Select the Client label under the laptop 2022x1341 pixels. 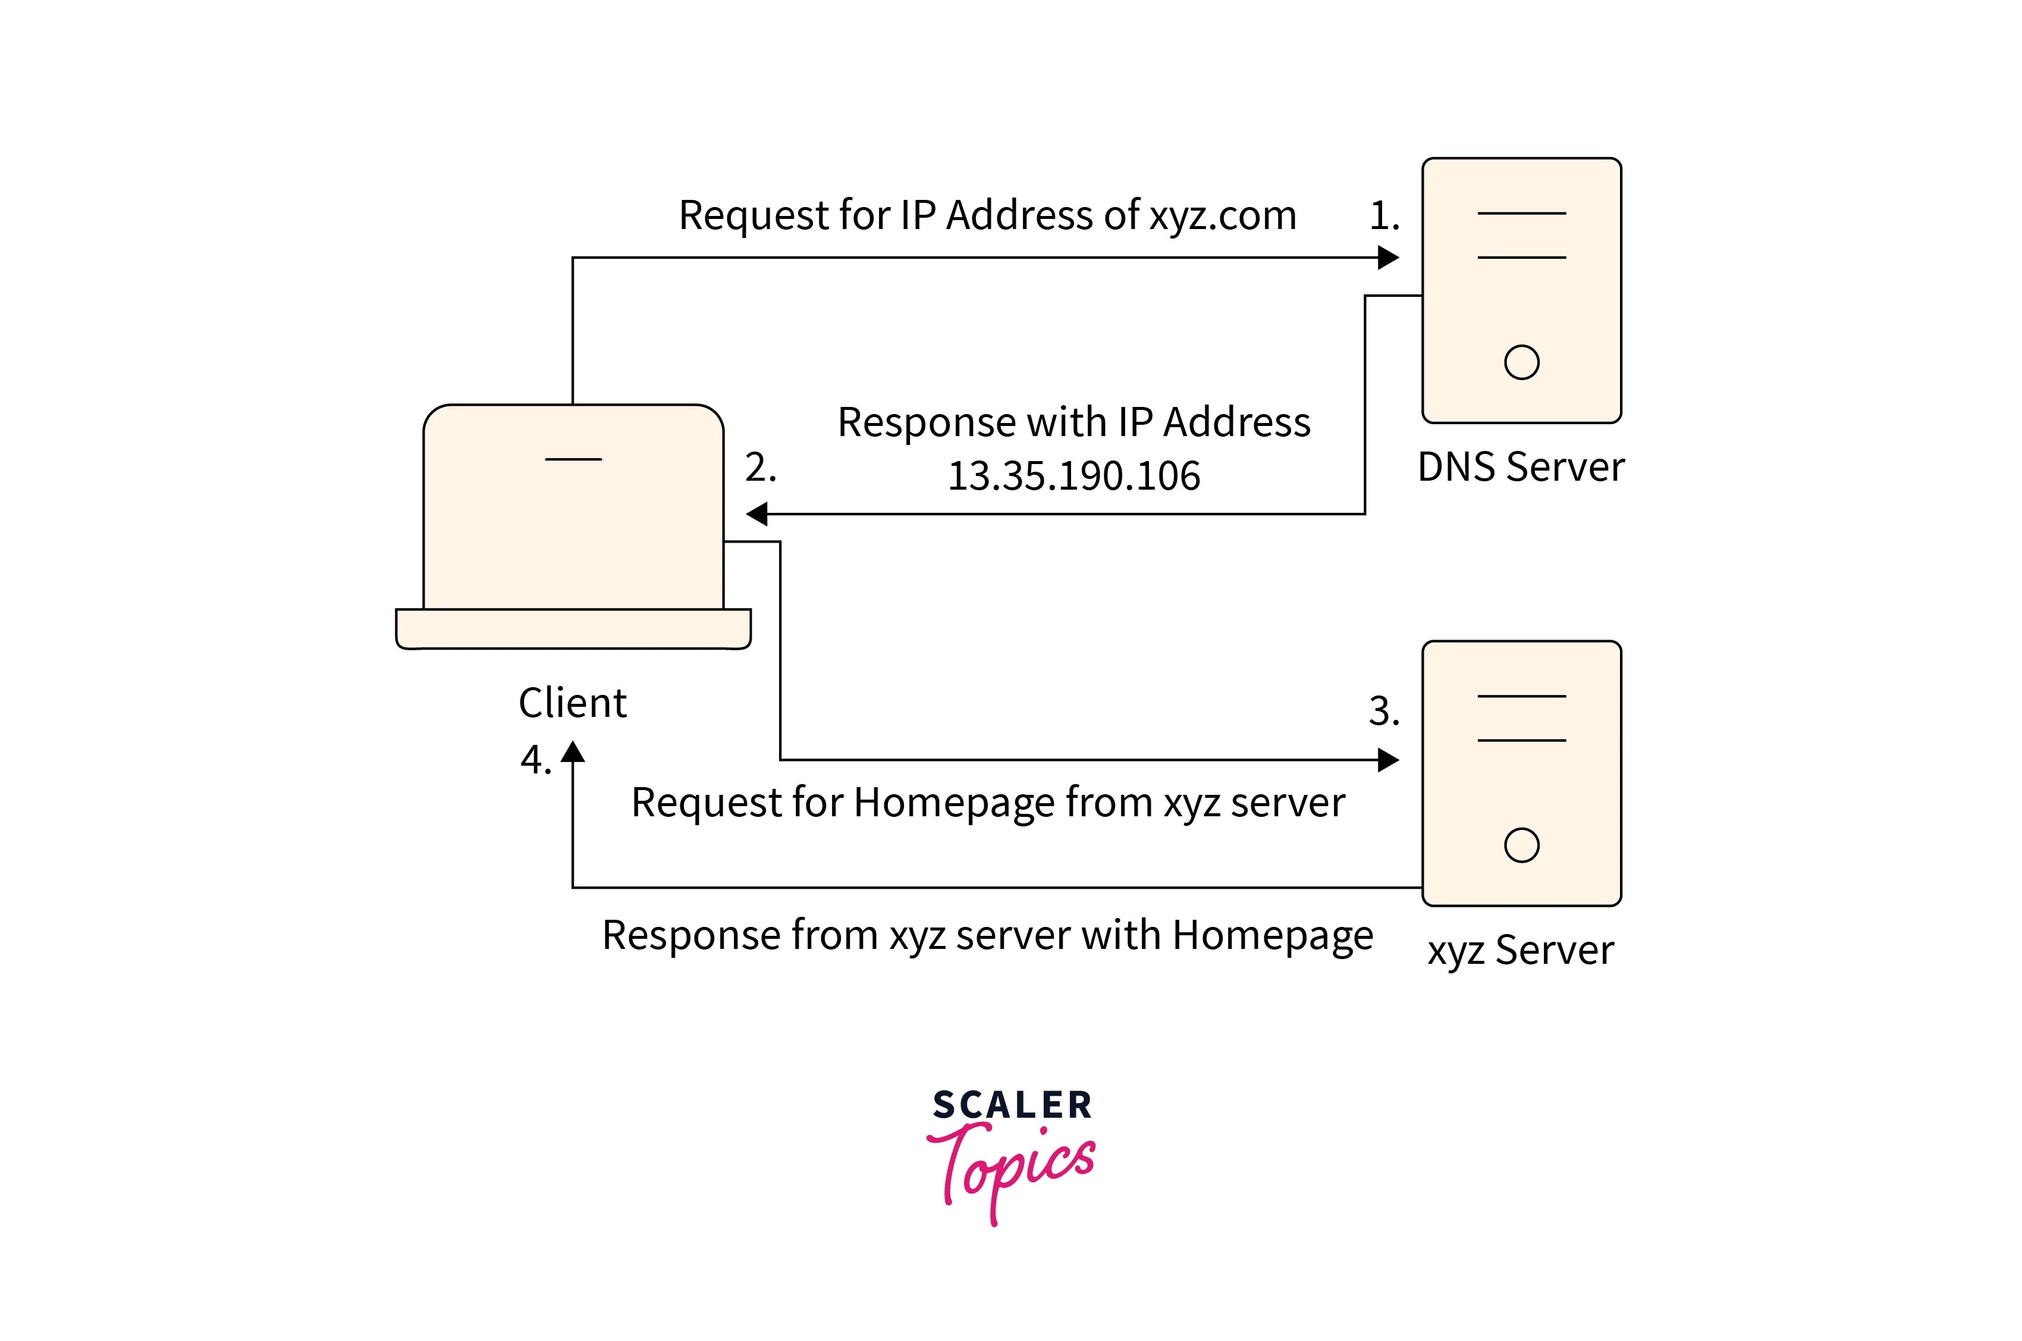(572, 703)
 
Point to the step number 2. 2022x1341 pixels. (759, 468)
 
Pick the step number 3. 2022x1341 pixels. (1383, 712)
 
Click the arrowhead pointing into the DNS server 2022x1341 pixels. (1389, 258)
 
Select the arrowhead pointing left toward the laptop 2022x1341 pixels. (756, 514)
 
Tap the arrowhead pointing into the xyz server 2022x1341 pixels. (1389, 759)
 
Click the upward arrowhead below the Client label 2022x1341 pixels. (572, 753)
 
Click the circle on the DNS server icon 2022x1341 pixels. (1521, 362)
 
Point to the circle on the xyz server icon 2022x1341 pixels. (1521, 845)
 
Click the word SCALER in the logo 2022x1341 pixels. (1012, 1105)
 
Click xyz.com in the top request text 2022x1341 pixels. (1223, 215)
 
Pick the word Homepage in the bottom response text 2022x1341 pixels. (1272, 935)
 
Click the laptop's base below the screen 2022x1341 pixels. (573, 629)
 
